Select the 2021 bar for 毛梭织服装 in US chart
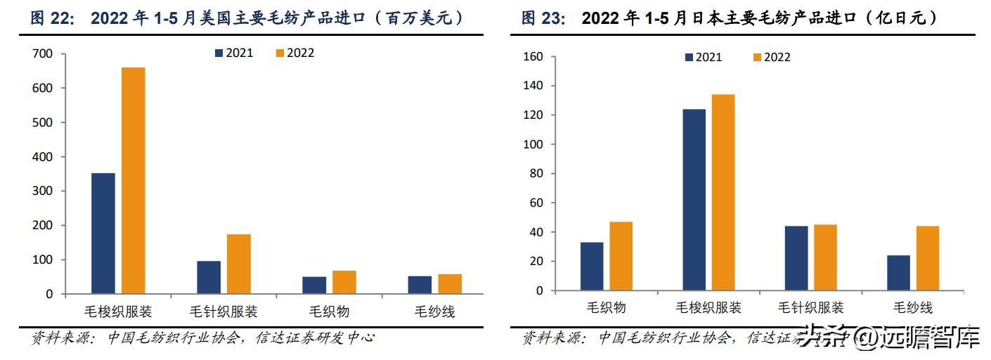103,233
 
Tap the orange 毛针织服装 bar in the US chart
239,264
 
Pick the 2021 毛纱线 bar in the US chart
420,285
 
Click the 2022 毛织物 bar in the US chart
344,282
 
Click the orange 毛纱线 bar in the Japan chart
927,258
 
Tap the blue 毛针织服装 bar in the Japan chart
796,258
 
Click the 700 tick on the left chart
44,54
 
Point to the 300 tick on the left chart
44,191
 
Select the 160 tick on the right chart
534,57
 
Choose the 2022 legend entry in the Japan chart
771,57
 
